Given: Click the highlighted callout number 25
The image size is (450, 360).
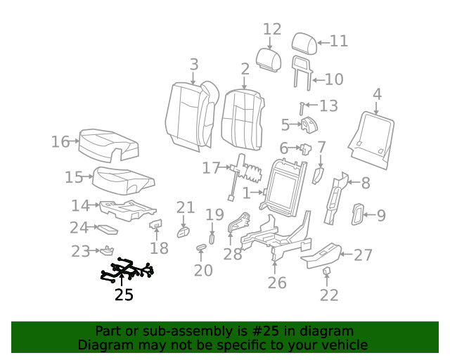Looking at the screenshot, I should pos(124,295).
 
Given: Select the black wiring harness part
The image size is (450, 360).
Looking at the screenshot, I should pos(127,271).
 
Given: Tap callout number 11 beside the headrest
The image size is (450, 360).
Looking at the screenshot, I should pos(339,41).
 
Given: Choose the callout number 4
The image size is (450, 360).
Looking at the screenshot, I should pos(377,94).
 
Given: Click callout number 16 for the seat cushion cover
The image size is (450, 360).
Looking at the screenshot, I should pos(60,142).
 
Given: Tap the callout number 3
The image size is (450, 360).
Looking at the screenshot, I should pos(194,65).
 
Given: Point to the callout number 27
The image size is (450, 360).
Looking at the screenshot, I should pos(363,255).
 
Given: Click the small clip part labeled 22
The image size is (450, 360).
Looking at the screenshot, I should pos(327,271).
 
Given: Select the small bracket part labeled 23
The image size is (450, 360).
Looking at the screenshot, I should pos(108,249).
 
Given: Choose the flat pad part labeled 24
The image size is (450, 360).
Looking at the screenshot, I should pos(108,229).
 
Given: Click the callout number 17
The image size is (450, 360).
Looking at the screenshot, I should pos(211,168).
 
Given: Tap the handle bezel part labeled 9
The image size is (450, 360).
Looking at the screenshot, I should pos(357,214).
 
